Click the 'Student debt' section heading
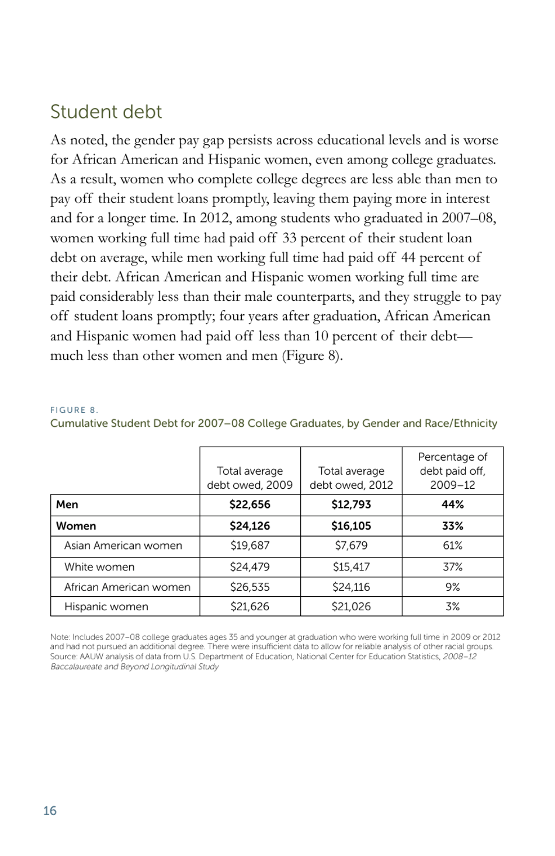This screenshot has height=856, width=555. pyautogui.click(x=106, y=112)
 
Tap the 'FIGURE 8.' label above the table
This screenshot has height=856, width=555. pyautogui.click(x=74, y=410)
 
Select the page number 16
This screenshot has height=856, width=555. pyautogui.click(x=50, y=810)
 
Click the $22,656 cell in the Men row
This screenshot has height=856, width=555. pyautogui.click(x=249, y=504)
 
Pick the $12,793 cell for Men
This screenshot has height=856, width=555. pyautogui.click(x=351, y=504)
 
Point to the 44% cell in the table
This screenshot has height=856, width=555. pyautogui.click(x=452, y=504)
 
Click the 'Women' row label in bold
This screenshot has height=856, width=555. pyautogui.click(x=76, y=526)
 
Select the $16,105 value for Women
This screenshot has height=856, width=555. pyautogui.click(x=351, y=526)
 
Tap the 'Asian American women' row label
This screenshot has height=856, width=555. pyautogui.click(x=123, y=545)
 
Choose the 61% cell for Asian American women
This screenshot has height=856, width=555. pyautogui.click(x=452, y=545)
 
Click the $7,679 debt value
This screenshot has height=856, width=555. pyautogui.click(x=351, y=545)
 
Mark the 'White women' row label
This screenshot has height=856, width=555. pyautogui.click(x=99, y=567)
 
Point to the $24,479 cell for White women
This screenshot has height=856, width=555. pyautogui.click(x=249, y=567)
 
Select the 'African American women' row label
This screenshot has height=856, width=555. pyautogui.click(x=127, y=587)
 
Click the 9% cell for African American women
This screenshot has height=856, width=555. pyautogui.click(x=452, y=587)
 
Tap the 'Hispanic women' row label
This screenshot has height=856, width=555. pyautogui.click(x=106, y=607)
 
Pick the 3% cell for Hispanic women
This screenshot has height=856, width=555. pyautogui.click(x=452, y=607)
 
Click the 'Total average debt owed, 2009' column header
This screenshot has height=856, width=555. pyautogui.click(x=249, y=478)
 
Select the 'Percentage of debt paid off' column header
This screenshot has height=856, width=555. pyautogui.click(x=452, y=471)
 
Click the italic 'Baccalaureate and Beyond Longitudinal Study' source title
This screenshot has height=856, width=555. pyautogui.click(x=134, y=667)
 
